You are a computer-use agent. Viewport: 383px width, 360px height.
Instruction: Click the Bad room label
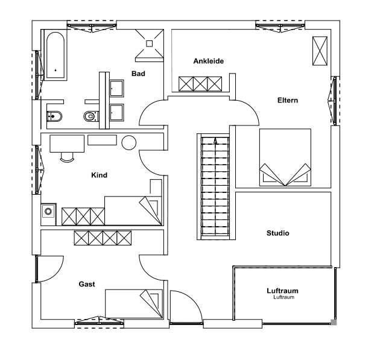(139, 74)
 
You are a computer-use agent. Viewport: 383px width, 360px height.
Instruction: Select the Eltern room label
(288, 100)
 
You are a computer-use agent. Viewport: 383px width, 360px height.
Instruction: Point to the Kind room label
(99, 175)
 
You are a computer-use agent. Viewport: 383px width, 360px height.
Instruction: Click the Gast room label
(87, 283)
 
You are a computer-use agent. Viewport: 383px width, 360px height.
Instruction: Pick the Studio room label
(277, 233)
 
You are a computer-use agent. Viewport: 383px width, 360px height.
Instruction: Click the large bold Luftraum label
(282, 291)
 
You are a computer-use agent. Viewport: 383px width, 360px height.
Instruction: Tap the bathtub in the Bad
(55, 55)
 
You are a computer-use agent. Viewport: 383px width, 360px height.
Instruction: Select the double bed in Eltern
(285, 157)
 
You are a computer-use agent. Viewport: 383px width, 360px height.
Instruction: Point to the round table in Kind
(128, 143)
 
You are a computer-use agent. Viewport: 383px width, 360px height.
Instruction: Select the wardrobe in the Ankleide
(201, 83)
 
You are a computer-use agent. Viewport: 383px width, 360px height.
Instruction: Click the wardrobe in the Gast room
(102, 238)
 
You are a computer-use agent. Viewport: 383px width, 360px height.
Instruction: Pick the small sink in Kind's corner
(48, 212)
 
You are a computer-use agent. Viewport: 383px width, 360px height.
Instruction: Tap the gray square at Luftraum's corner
(334, 323)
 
